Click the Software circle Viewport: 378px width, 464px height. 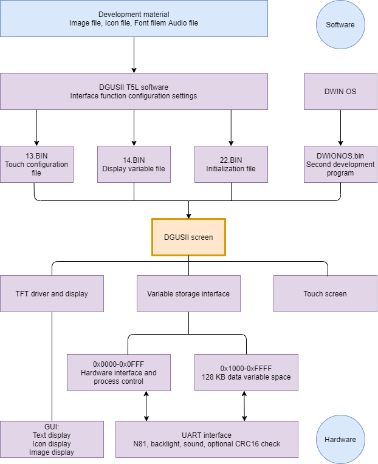(x=340, y=25)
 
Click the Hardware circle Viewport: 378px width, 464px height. (x=340, y=438)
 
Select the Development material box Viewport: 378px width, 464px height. (x=134, y=18)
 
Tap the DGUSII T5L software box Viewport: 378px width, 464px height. (x=134, y=92)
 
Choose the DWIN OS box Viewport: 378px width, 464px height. (x=340, y=92)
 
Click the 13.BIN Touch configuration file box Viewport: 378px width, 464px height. (x=36, y=164)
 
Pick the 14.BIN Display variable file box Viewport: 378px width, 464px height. (x=134, y=164)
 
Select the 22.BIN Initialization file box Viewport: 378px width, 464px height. (x=231, y=164)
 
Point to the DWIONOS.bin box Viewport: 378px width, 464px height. (x=340, y=164)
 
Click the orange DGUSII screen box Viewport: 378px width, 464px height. (x=188, y=237)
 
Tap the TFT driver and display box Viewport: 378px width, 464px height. (x=52, y=293)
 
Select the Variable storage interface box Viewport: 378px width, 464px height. (x=188, y=293)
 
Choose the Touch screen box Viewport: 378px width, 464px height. (x=325, y=293)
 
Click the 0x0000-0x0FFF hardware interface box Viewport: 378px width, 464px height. (x=119, y=372)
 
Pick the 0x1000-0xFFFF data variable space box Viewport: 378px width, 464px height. (x=246, y=372)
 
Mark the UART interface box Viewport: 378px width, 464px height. (x=207, y=438)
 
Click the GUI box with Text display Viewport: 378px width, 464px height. (x=52, y=438)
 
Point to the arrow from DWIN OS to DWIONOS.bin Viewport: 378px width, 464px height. (x=340, y=128)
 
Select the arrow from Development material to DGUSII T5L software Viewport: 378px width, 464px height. (x=134, y=55)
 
